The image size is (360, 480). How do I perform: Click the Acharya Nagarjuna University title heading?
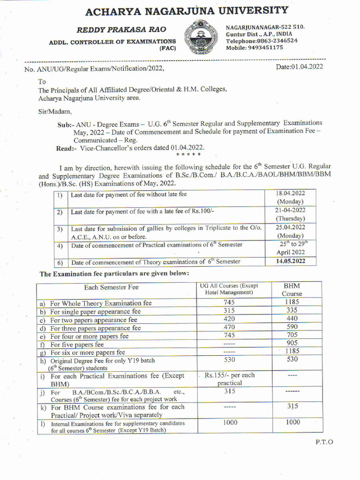coord(187,10)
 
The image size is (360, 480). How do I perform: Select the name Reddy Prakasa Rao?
coord(112,30)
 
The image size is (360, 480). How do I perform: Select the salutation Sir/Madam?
coord(55,112)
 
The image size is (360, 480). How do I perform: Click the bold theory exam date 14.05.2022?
coord(291,261)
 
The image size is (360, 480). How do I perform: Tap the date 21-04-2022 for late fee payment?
coord(291,210)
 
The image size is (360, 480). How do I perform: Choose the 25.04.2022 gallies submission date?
coord(291,227)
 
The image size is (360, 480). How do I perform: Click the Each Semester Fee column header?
coord(112,287)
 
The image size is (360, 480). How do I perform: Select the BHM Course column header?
coord(292,289)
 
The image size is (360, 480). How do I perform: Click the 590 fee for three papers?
coord(292,327)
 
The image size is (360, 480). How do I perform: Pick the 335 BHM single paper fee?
coord(292,310)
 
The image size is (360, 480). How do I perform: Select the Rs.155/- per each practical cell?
coord(230,379)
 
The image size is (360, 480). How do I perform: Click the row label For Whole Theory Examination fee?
coord(101,303)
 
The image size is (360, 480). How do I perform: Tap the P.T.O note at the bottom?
coord(323,442)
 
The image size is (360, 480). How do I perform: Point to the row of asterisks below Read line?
coord(188,154)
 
